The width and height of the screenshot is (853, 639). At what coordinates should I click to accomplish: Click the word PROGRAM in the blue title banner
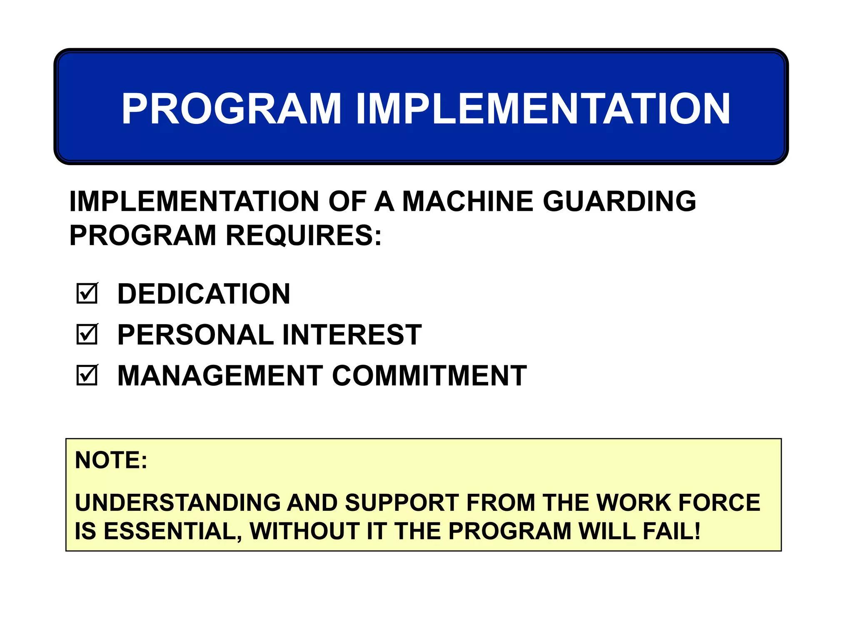[232, 109]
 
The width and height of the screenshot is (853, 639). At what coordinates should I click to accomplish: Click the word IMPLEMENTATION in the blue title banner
[543, 109]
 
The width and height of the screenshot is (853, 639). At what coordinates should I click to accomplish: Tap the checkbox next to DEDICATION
[87, 293]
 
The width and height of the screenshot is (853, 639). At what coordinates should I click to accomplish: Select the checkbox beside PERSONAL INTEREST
[87, 334]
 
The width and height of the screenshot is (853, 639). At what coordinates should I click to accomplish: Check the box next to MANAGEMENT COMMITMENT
[87, 375]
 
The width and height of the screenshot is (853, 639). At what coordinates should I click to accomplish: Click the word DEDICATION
[204, 294]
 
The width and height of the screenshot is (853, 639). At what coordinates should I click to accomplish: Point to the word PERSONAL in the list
[195, 334]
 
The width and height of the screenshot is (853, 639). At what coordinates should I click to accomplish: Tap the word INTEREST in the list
[352, 334]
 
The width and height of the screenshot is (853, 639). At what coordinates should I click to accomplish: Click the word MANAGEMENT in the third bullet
[220, 376]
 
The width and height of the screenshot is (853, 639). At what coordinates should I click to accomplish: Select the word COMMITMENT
[429, 376]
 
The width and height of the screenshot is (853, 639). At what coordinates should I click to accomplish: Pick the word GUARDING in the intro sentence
[619, 201]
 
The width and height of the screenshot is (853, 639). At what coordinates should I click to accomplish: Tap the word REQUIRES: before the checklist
[304, 235]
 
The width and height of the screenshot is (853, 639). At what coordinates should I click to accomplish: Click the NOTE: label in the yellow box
[111, 460]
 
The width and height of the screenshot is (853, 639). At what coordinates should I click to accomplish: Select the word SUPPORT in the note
[402, 503]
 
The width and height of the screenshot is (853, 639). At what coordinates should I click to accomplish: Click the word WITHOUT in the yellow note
[304, 531]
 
